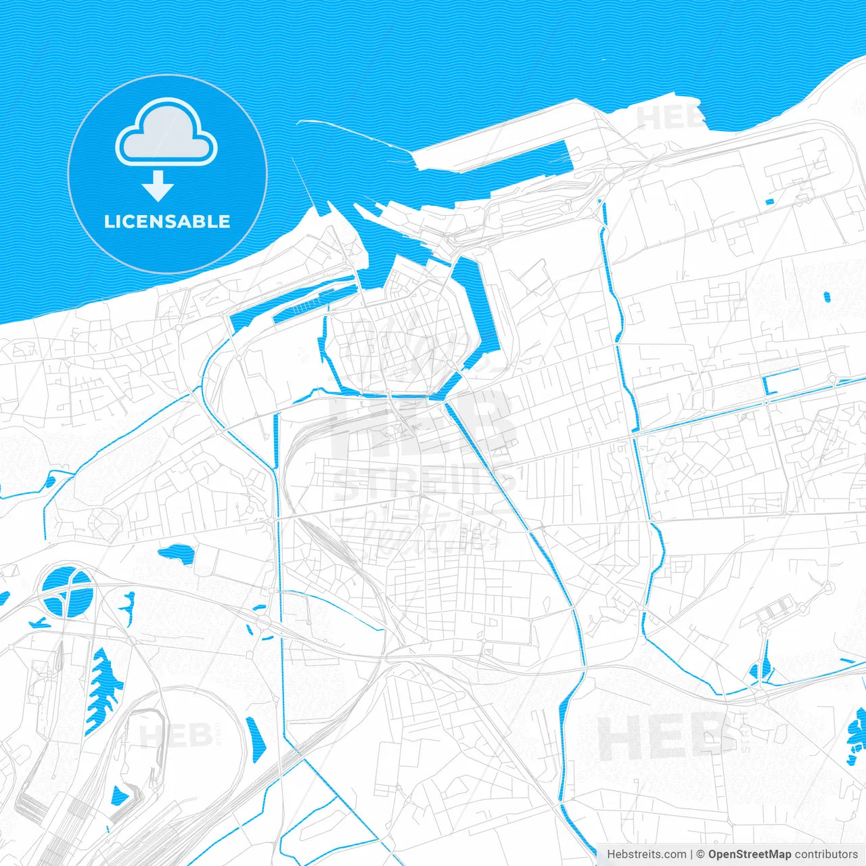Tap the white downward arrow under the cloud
[x=158, y=186]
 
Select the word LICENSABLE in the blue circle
[x=167, y=221]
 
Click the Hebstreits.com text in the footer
[x=646, y=854]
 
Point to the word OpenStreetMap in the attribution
[x=749, y=854]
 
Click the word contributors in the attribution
[x=826, y=854]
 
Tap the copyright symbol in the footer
[x=700, y=854]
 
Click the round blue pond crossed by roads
[x=66, y=593]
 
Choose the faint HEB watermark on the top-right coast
[x=670, y=117]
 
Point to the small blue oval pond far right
[x=827, y=296]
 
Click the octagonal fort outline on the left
[x=106, y=522]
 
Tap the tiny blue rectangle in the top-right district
[x=769, y=201]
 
